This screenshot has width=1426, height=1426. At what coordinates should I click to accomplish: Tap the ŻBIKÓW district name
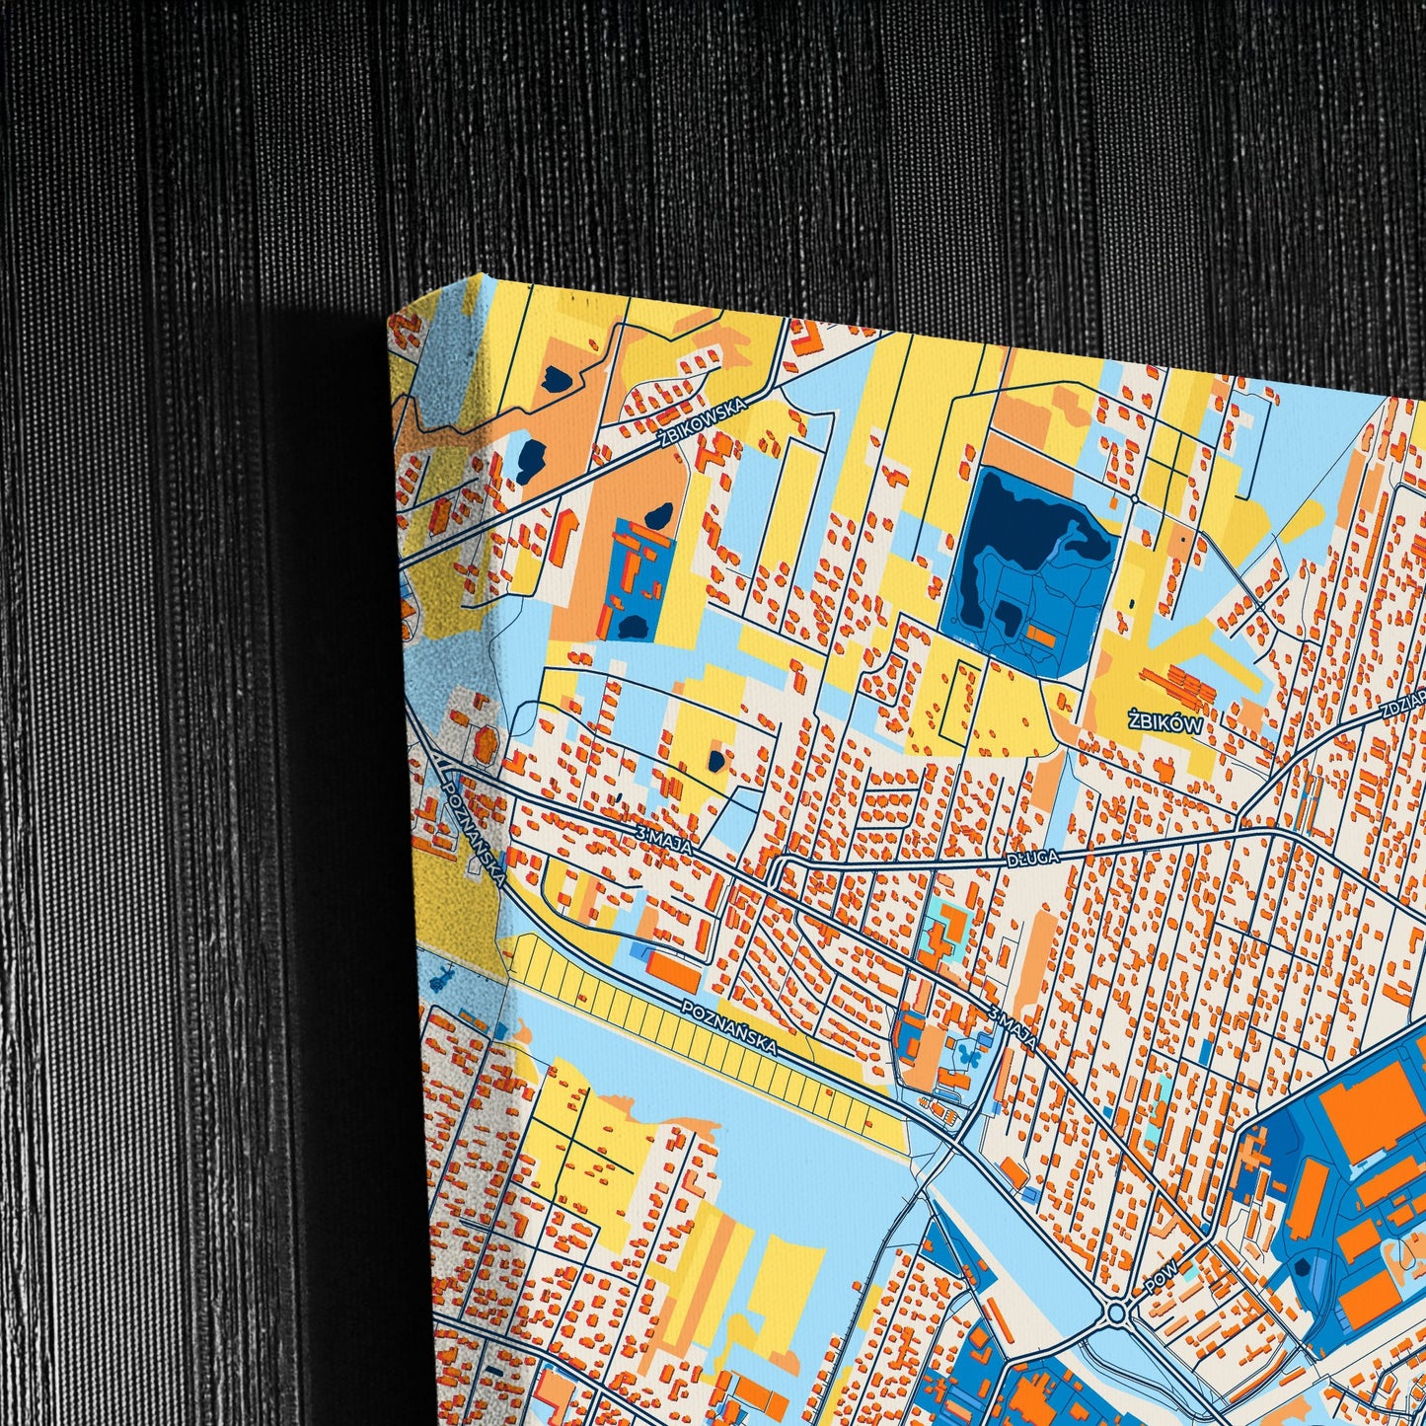[x=1166, y=723]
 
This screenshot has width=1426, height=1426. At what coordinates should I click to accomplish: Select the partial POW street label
[x=1163, y=1276]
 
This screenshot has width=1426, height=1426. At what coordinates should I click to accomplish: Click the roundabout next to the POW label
[x=1117, y=1313]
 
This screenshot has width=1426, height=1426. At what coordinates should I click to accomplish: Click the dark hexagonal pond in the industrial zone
[x=1304, y=1265]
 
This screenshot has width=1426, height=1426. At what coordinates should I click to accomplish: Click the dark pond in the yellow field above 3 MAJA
[x=713, y=761]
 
